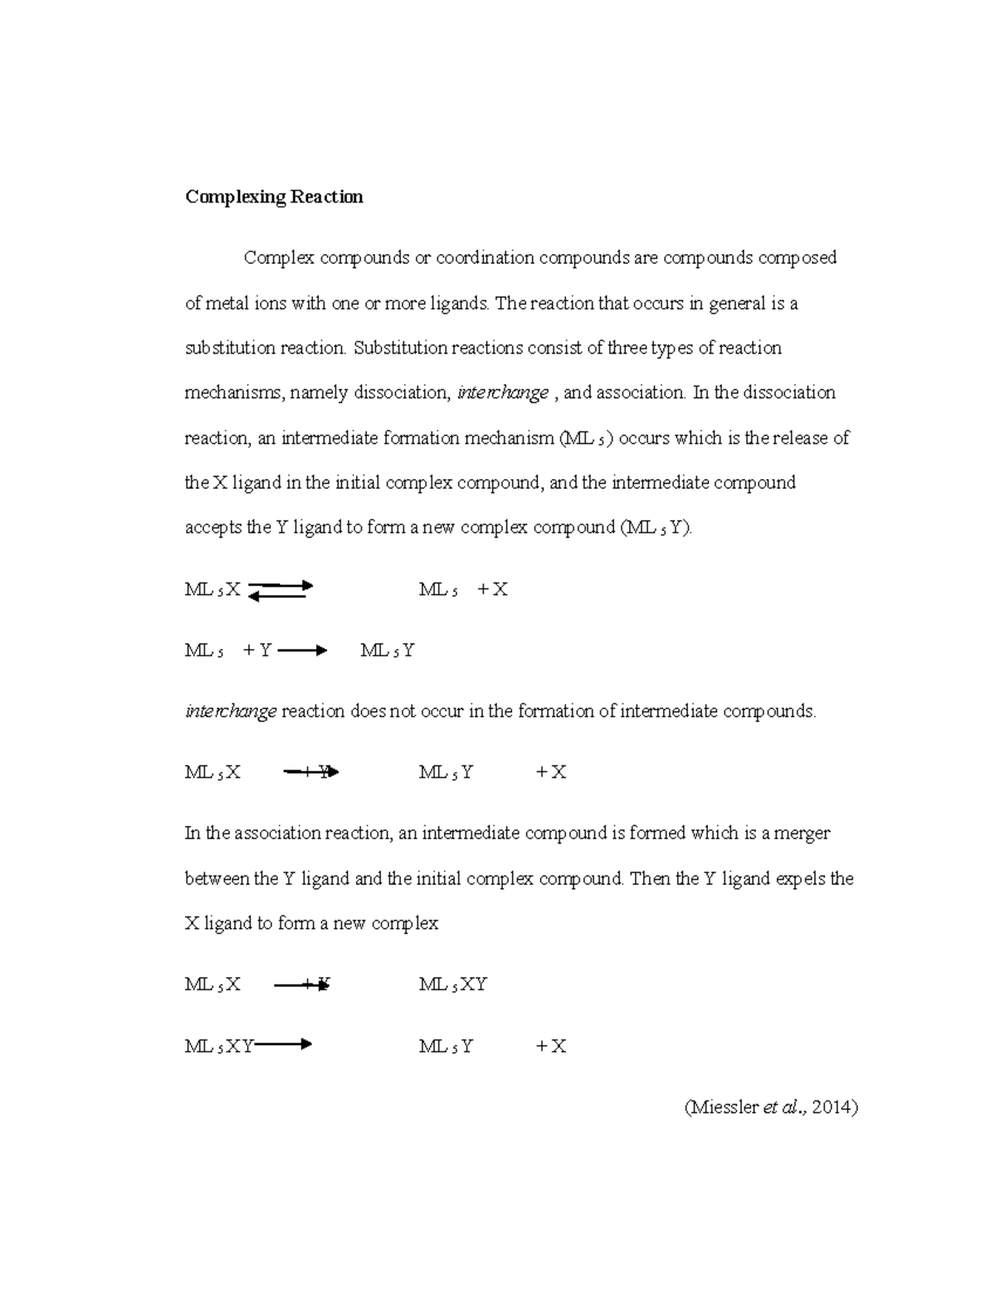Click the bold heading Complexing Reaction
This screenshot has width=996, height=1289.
[x=274, y=198]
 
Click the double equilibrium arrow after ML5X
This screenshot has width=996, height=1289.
[x=280, y=590]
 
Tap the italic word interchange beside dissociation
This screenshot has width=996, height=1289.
[x=503, y=393]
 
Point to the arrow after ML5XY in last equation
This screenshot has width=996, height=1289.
[x=284, y=1046]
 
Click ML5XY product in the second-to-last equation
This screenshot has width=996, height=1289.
[x=452, y=985]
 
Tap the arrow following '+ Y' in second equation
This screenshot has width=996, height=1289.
[x=302, y=652]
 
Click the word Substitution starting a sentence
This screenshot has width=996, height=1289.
[x=400, y=348]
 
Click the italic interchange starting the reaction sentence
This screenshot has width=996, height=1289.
[x=230, y=712]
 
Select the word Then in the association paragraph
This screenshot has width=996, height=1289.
[x=651, y=879]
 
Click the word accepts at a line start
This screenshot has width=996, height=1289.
[x=213, y=528]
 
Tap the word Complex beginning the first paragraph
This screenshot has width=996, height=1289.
[x=279, y=258]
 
